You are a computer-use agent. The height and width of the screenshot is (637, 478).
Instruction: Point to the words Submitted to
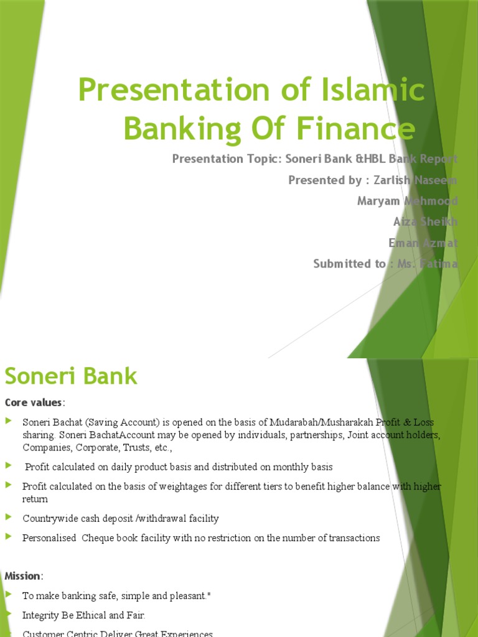349,264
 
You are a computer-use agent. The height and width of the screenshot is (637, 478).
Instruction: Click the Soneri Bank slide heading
71,376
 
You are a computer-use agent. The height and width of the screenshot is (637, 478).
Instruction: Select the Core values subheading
34,402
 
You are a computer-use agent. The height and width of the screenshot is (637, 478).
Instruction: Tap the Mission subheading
23,575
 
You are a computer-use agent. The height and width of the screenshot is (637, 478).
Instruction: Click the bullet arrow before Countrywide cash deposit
8,517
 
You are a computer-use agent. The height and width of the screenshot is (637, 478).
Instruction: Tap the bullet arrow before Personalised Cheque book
8,537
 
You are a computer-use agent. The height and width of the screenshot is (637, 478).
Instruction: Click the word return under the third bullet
35,499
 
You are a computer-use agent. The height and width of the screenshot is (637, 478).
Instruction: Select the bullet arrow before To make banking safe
8,595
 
